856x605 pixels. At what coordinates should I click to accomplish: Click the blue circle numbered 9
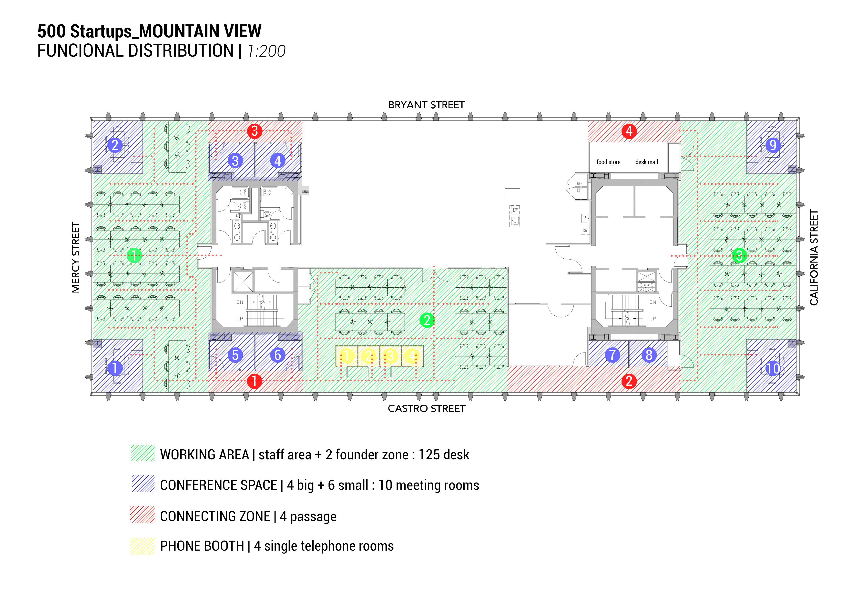(773, 145)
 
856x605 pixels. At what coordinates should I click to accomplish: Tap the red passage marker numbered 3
(255, 131)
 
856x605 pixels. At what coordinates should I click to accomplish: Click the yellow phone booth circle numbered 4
(412, 356)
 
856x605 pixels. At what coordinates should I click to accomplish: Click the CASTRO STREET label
(427, 409)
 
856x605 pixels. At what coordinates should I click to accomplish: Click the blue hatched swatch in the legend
(143, 484)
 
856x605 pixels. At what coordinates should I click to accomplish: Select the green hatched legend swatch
(143, 453)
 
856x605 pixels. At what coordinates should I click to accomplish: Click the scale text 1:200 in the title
(266, 51)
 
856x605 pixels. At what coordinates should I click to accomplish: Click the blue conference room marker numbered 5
(235, 355)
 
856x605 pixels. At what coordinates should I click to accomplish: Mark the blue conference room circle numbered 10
(773, 368)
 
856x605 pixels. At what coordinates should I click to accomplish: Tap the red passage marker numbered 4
(629, 131)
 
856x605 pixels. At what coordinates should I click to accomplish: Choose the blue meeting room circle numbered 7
(612, 355)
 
